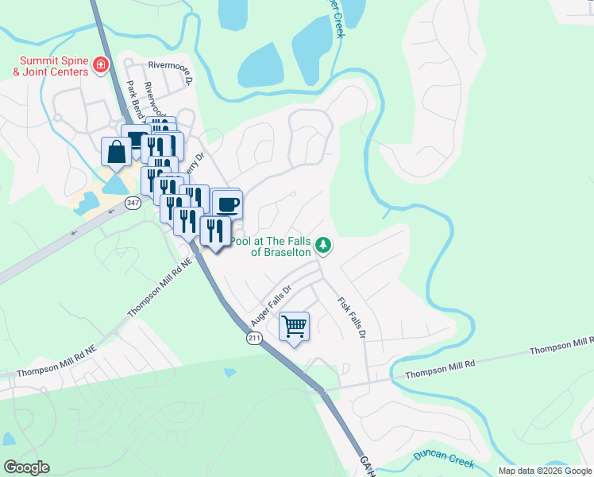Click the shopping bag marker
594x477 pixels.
[x=116, y=152]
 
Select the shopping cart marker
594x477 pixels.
[x=294, y=327]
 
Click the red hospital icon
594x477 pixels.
[x=101, y=64]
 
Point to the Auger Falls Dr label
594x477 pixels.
[x=272, y=306]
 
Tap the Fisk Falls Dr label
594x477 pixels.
[x=350, y=318]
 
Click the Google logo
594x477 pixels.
[x=26, y=467]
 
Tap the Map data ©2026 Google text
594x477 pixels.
[x=545, y=471]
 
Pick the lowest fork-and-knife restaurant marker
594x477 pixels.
[x=215, y=231]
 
